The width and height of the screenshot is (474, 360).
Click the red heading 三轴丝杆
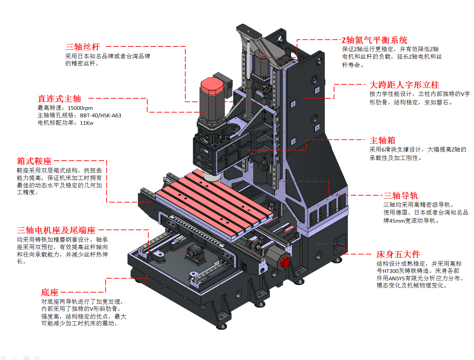pos(82,47)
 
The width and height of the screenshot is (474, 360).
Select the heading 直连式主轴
pos(59,99)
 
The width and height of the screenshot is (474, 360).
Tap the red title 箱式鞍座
pos(34,161)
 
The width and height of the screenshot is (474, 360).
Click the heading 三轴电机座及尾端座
pos(56,231)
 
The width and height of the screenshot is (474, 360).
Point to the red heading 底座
pos(50,292)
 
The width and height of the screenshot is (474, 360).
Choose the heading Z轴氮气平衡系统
pos(374,40)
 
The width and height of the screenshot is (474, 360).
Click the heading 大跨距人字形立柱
pos(404,85)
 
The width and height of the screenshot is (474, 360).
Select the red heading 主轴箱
pos(383,140)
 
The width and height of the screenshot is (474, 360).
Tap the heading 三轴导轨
pos(400,196)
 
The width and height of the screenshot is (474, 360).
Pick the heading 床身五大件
pos(398,254)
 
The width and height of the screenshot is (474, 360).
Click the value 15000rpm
pos(80,108)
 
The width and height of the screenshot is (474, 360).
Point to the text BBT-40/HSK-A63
pos(101,116)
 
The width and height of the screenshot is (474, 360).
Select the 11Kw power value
pos(87,123)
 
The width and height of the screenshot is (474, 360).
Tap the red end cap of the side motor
pos(285,262)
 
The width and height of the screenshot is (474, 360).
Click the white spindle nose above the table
pos(211,177)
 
